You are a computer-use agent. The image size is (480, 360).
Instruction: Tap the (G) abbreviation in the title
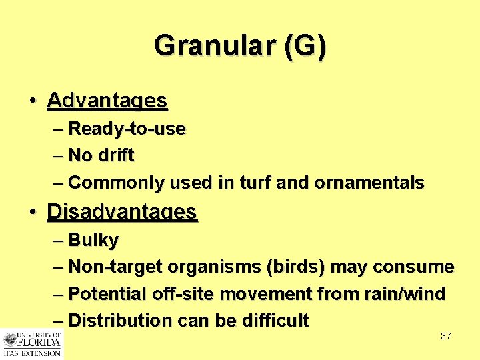point(305,47)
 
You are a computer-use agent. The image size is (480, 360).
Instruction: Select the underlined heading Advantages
point(107,101)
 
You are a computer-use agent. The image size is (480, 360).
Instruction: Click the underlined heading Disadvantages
point(122,212)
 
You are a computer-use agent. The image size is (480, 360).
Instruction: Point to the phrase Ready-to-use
point(127,128)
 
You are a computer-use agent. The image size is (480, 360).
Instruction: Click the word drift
point(116,155)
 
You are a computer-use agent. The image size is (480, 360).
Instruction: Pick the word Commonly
point(117,183)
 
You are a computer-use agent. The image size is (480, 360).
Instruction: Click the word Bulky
point(93,240)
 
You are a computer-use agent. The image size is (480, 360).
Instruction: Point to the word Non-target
point(115,267)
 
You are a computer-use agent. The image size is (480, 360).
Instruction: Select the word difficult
point(275,321)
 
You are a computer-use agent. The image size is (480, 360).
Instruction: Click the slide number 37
point(446,336)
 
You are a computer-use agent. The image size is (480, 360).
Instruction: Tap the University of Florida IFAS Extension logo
point(31,343)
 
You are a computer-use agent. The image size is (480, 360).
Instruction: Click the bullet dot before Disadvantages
point(33,213)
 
